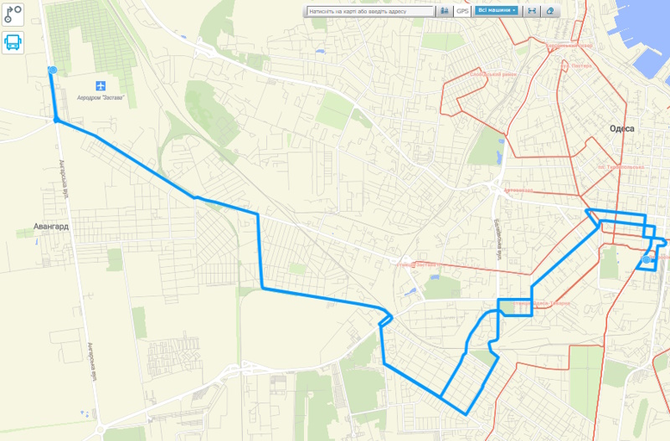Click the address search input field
point(371,12)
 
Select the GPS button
point(462,12)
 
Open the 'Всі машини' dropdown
point(496,12)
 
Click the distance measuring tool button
point(531,12)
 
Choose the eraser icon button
point(549,12)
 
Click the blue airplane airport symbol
point(101,85)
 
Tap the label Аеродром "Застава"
point(101,98)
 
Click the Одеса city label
point(622,129)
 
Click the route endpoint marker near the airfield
point(53,70)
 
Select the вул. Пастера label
point(576,64)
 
